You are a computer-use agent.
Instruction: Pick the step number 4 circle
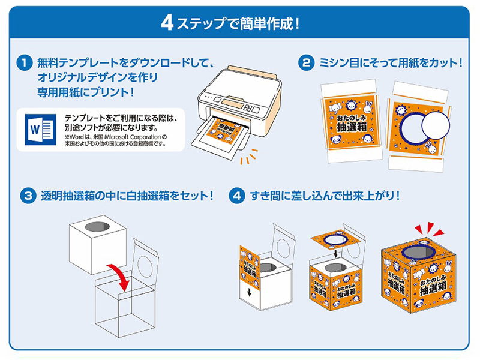pyautogui.click(x=239, y=196)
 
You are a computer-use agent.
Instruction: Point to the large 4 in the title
pyautogui.click(x=167, y=24)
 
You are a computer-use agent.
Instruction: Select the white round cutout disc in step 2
pyautogui.click(x=435, y=126)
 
